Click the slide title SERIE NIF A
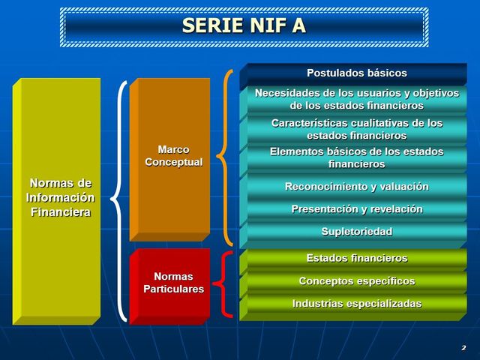pyautogui.click(x=244, y=26)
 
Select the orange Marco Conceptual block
pyautogui.click(x=171, y=157)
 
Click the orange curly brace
pyautogui.click(x=224, y=157)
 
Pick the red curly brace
pyautogui.click(x=221, y=284)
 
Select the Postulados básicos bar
pyautogui.click(x=356, y=73)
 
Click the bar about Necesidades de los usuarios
pyautogui.click(x=356, y=99)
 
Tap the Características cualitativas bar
pyautogui.click(x=356, y=129)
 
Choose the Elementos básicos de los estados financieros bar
pyautogui.click(x=356, y=157)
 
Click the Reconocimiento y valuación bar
pyautogui.click(x=356, y=186)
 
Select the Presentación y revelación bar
pyautogui.click(x=356, y=209)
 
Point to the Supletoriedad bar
pyautogui.click(x=356, y=232)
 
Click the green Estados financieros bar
pyautogui.click(x=356, y=258)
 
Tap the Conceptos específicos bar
pyautogui.click(x=356, y=281)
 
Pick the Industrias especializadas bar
pyautogui.click(x=356, y=304)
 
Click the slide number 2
pyautogui.click(x=463, y=348)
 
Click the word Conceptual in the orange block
pyautogui.click(x=173, y=162)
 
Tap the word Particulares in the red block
pyautogui.click(x=173, y=289)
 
